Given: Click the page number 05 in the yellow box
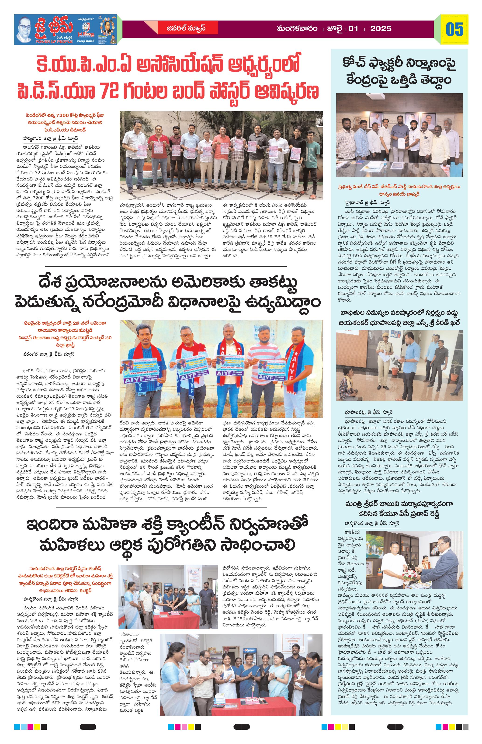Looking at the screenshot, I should pos(454,30).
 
